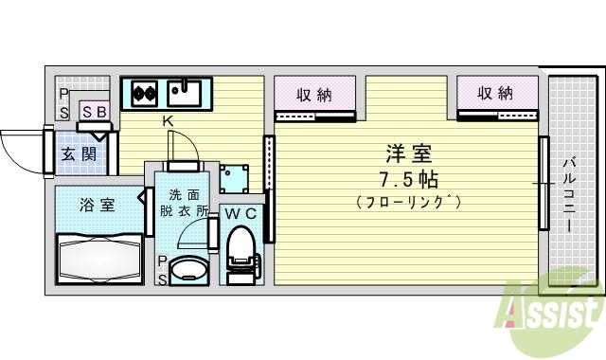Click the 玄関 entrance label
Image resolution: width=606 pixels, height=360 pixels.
coord(80,153)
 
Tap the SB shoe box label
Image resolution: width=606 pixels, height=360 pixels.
coord(94,112)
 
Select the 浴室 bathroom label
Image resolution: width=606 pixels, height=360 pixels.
coord(96,202)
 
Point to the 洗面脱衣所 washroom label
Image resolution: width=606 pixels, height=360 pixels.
coord(184,203)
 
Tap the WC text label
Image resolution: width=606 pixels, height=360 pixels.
coord(241,213)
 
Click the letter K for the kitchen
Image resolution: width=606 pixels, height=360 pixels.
coord(167,121)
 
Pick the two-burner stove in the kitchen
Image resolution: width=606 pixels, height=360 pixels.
coord(144,93)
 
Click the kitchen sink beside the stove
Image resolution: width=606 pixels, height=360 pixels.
coord(186,93)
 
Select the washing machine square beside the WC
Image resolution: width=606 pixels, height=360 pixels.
coord(233,177)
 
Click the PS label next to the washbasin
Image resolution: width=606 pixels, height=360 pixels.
coord(162,270)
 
